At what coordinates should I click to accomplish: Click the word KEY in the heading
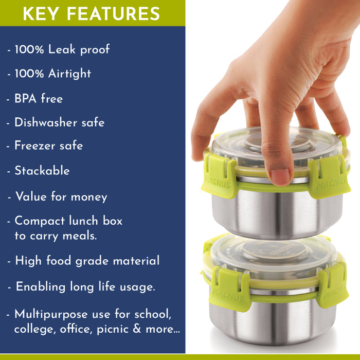pos(39,13)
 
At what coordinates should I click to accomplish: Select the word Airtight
pos(69,74)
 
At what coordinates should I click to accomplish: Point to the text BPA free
pos(39,98)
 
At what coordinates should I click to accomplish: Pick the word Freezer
pos(34,146)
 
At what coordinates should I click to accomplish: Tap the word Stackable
pos(42,170)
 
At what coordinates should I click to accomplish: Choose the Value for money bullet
pos(61,196)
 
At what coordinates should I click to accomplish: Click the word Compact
pos(40,221)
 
